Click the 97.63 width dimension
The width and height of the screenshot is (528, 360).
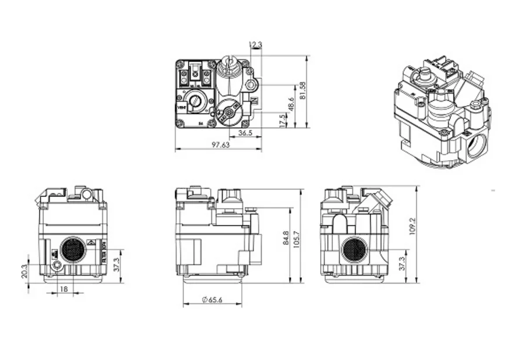220,145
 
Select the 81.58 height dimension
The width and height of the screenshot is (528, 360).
303,91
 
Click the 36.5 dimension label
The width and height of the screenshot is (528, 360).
245,133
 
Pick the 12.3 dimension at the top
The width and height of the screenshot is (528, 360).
255,44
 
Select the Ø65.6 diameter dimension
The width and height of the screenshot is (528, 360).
213,300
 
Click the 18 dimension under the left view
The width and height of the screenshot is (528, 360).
63,289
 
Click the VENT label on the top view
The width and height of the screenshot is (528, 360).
180,108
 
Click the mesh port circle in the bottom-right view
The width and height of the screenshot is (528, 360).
353,250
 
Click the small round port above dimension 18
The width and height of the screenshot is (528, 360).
57,266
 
